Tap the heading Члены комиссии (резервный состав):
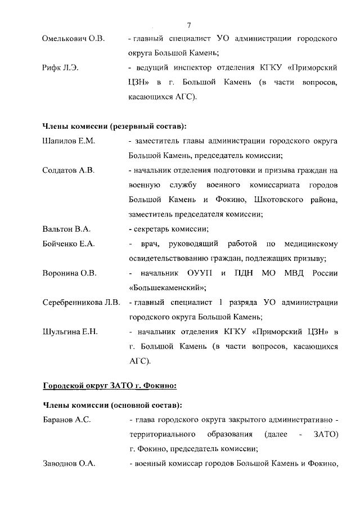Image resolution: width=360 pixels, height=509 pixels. click(x=115, y=126)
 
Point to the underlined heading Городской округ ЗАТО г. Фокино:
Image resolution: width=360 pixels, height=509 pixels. click(x=110, y=385)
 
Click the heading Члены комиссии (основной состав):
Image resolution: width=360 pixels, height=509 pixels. click(x=112, y=405)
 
